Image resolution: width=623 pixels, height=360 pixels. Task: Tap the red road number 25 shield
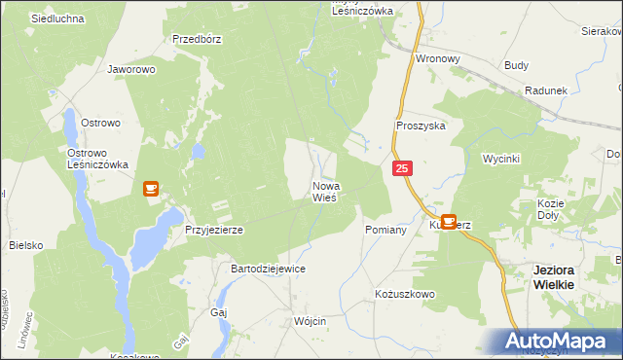point(404,169)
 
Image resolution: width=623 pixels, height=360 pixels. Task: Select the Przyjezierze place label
point(213,230)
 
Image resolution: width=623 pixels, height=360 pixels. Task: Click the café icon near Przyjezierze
point(152,189)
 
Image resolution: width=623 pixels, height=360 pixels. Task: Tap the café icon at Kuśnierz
point(449,222)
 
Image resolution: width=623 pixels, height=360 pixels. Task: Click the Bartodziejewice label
point(268,268)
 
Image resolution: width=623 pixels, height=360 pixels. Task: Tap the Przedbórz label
point(198,40)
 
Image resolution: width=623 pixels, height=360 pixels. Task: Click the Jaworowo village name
point(132,70)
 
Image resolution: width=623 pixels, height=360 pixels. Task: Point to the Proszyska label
point(421,126)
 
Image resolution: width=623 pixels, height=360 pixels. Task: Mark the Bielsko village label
point(26,246)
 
